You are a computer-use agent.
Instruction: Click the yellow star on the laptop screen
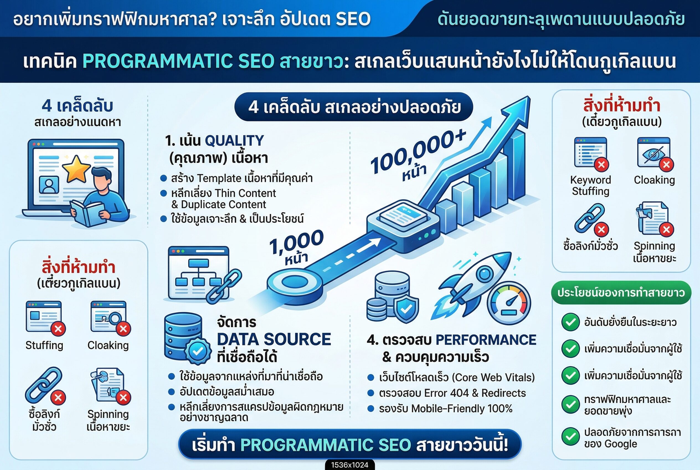[76, 168]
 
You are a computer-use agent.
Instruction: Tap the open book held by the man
[87, 213]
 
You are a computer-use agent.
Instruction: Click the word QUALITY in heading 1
[234, 141]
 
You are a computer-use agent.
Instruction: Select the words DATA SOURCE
[274, 339]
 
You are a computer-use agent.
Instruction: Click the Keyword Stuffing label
[590, 186]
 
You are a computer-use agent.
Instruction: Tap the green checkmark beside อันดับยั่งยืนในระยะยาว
[570, 322]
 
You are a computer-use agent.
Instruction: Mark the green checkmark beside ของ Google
[570, 436]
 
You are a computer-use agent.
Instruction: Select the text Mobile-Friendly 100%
[462, 408]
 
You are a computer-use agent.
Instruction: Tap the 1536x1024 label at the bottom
[349, 465]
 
